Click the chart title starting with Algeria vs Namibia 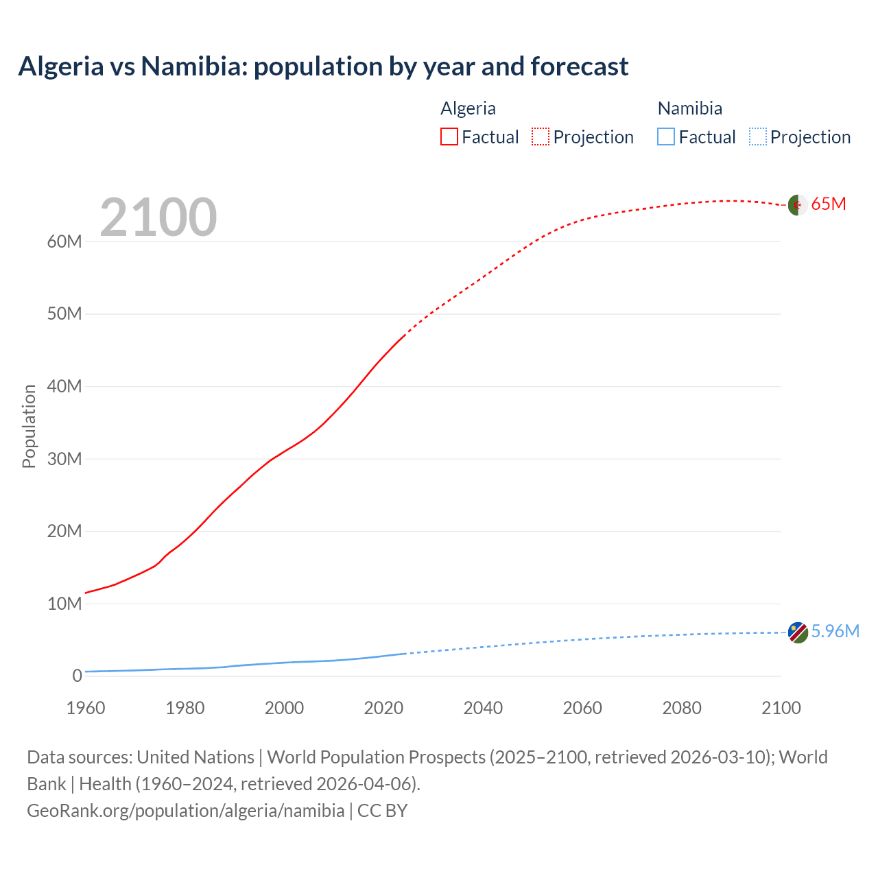coord(323,67)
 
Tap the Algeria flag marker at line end coord(797,204)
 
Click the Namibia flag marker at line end coord(797,632)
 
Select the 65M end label coord(829,204)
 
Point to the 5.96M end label coord(835,631)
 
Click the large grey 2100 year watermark coord(158,217)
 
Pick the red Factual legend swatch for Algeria coord(449,137)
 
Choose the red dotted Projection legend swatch coord(541,137)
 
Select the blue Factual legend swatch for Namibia coord(666,137)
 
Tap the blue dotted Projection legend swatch coord(757,137)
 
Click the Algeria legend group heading coord(468,108)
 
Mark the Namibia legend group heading coord(689,108)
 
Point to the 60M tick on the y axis coord(64,241)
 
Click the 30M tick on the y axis coord(64,459)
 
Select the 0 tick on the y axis coord(77,676)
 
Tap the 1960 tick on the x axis coord(86,708)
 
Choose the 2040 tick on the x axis coord(483,708)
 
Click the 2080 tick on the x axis coord(682,708)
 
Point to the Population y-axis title coord(29,426)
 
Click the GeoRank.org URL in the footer coord(185,811)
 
